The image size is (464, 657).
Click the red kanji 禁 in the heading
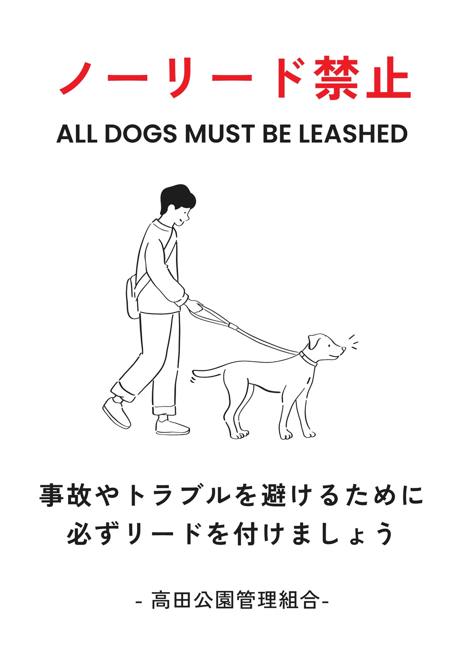coord(336,78)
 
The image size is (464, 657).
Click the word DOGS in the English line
coord(141,134)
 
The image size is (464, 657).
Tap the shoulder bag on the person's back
coord(133,296)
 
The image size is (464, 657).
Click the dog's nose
coord(344,349)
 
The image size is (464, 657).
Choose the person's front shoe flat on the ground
coord(172,428)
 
